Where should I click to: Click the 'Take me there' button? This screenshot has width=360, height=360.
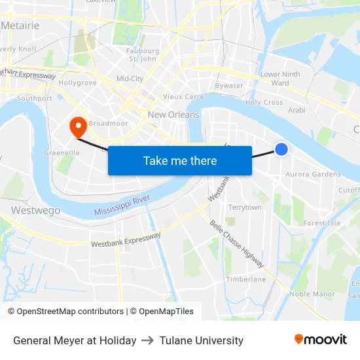[180, 160]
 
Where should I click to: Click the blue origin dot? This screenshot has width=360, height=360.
[281, 149]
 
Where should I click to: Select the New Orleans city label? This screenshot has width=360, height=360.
[173, 115]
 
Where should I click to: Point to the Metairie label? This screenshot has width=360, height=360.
[20, 26]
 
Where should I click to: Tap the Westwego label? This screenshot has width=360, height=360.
[36, 211]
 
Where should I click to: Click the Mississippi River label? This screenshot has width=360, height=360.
[122, 205]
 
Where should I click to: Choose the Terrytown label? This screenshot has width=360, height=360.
[245, 207]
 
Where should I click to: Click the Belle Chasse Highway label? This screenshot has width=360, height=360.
[237, 243]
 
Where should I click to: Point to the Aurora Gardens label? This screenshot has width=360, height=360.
[313, 175]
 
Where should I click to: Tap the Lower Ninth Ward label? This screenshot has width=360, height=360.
[280, 79]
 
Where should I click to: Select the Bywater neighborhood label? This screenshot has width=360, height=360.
[229, 86]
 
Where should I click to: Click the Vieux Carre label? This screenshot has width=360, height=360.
[183, 96]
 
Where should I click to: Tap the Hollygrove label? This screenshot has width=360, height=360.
[78, 83]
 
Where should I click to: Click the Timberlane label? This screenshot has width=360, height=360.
[246, 279]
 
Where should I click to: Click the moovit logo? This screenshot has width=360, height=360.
[321, 339]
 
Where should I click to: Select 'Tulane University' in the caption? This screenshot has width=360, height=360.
[201, 340]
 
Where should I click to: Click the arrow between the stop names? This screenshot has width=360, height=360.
[148, 340]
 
